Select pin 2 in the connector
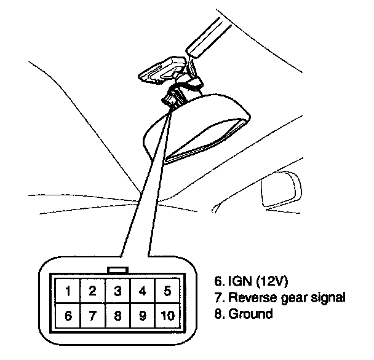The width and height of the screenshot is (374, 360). click(x=92, y=291)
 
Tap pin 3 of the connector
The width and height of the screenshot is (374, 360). click(x=117, y=291)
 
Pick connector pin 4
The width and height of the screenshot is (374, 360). click(x=143, y=291)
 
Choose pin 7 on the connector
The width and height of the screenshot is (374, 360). click(x=92, y=316)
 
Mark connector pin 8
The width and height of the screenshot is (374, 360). click(x=117, y=316)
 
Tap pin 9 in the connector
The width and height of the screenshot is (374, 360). click(x=143, y=316)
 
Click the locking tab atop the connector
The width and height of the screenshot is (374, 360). click(x=117, y=270)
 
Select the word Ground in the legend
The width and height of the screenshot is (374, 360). click(x=250, y=314)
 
